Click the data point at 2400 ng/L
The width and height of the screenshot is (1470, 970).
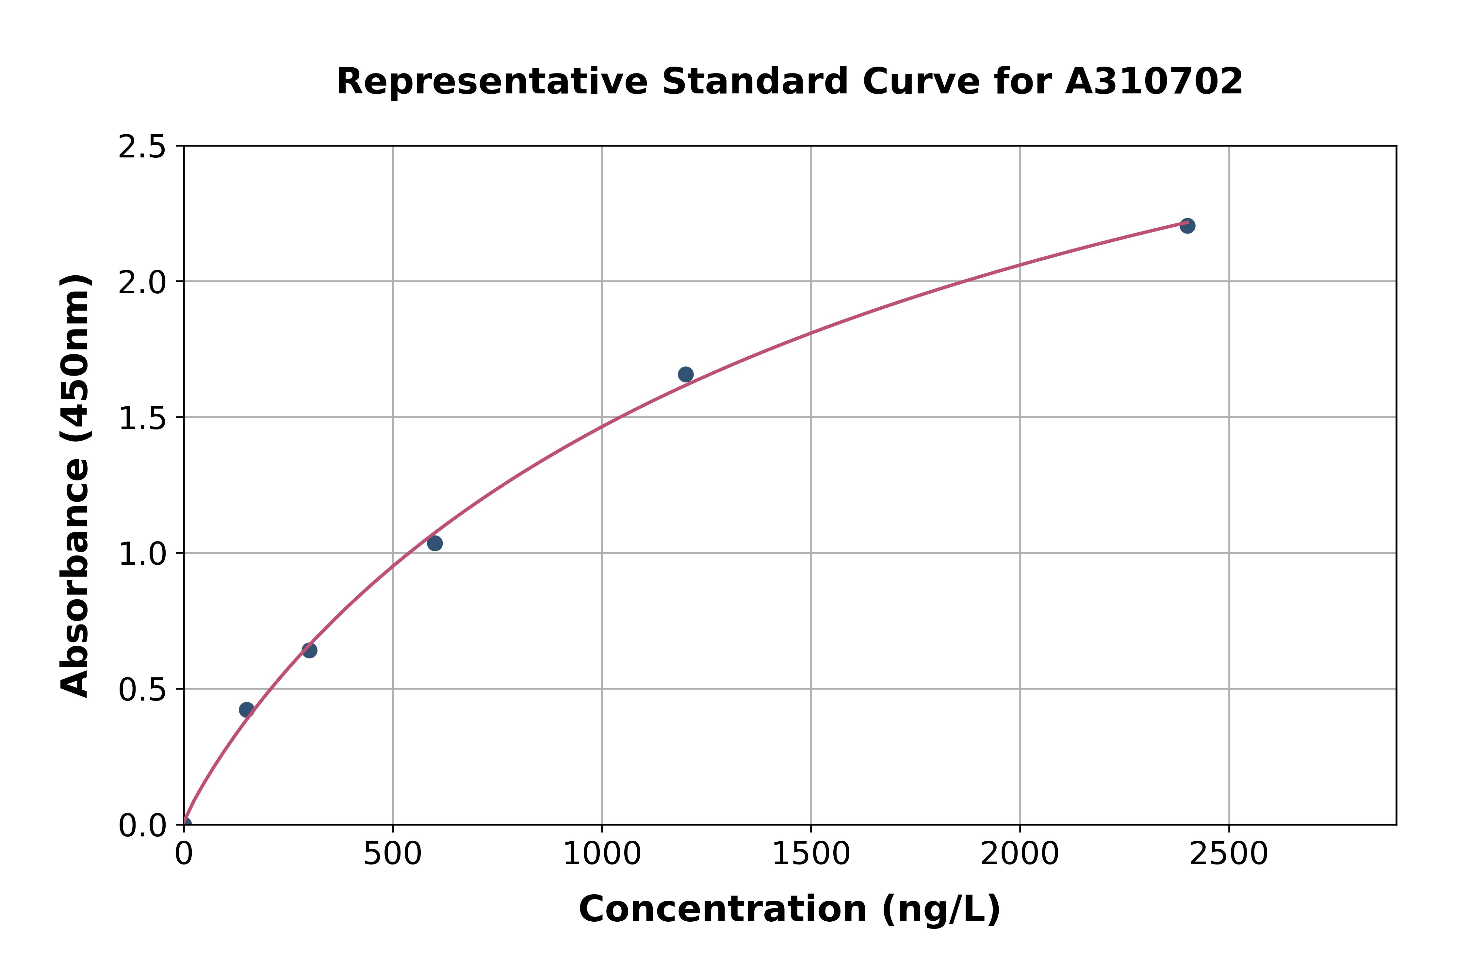coord(1187,226)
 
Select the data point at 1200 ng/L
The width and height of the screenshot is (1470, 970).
coord(685,374)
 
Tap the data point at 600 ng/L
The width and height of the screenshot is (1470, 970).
coord(435,543)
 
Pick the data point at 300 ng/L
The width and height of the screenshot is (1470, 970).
coord(309,650)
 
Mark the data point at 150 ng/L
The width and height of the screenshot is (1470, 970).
coord(246,710)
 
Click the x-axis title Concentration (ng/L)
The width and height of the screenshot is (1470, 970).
coord(790,909)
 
